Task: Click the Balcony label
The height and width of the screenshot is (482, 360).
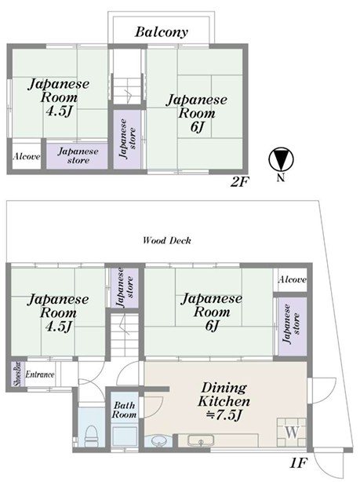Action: coord(162,32)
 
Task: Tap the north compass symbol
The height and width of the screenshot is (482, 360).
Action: coord(281,160)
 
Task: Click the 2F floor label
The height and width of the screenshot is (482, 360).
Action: coord(239,183)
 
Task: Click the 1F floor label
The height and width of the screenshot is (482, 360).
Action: coord(298,463)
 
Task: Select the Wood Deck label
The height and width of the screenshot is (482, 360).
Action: coord(167,240)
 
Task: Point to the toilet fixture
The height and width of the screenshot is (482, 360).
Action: coord(91,436)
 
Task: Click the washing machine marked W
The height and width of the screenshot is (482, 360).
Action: coord(292,433)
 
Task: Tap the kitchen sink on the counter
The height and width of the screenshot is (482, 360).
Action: coord(201,440)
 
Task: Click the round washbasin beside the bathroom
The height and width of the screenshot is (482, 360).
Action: coord(159,441)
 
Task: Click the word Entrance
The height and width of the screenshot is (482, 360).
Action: coord(40,374)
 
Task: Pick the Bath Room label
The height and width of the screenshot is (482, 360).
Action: coord(124,410)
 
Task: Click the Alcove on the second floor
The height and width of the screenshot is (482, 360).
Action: coord(27,156)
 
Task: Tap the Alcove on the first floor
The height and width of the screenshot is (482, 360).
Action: coord(292,279)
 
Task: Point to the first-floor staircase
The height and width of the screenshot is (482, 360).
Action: coord(125,334)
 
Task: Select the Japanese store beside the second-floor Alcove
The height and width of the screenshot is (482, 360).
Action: coord(77,156)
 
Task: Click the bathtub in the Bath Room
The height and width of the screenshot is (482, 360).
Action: coord(124,436)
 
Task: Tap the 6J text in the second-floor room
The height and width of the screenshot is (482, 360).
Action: coord(197,126)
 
